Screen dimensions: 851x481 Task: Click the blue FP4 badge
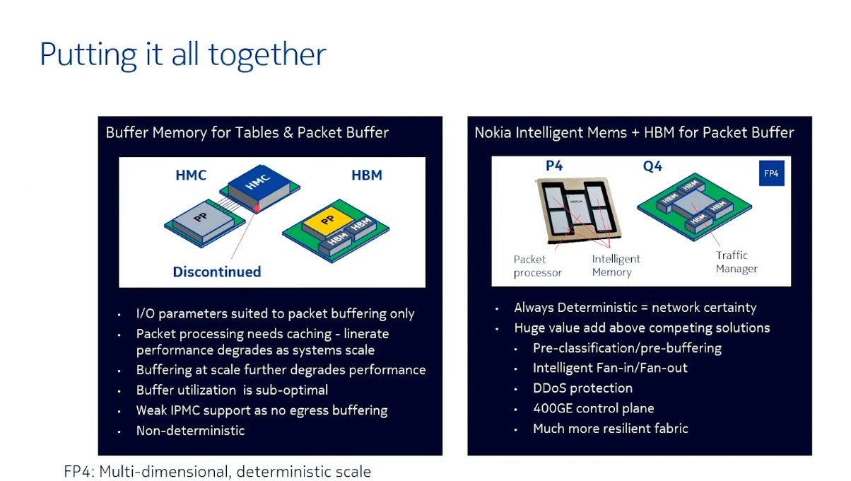772,173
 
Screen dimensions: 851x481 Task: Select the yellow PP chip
328,221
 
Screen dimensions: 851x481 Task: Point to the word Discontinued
217,272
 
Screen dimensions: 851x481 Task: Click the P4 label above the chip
554,166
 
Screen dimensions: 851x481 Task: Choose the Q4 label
652,166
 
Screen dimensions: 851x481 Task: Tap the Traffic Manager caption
736,262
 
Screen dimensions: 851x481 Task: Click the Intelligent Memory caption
616,265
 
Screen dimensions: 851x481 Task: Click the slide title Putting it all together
183,55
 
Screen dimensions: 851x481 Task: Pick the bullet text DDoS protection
583,388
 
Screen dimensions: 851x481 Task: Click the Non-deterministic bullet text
190,431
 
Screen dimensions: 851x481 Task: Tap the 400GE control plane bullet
594,408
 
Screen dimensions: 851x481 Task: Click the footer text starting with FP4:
217,472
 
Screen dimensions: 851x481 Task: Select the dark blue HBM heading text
367,175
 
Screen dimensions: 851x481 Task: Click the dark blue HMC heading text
191,175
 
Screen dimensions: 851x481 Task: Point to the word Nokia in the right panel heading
493,133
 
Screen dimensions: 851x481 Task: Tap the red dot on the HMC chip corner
257,208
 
